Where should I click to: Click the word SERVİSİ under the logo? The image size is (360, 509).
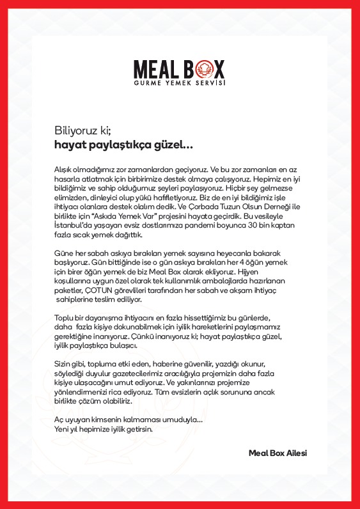(x=211, y=83)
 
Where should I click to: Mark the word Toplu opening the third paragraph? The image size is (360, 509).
(x=62, y=318)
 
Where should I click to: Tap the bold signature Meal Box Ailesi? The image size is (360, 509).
(x=278, y=453)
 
